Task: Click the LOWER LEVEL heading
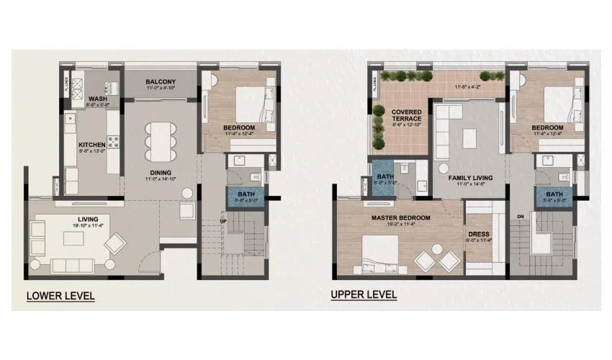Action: click(x=60, y=296)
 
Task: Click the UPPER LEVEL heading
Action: click(x=364, y=294)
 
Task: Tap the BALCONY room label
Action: click(x=161, y=82)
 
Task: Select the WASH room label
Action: click(x=97, y=99)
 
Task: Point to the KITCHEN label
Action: click(x=92, y=144)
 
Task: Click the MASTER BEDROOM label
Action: click(x=401, y=217)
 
